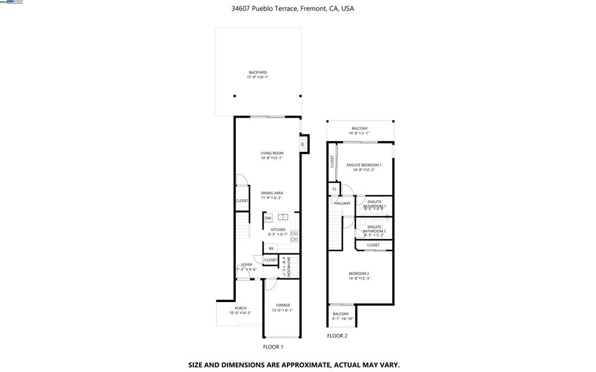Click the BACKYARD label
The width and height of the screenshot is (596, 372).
tap(258, 72)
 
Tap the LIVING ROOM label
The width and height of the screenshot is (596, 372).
tap(272, 153)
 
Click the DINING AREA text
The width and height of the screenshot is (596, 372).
tap(272, 193)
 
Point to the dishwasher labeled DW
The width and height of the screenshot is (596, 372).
tap(268, 218)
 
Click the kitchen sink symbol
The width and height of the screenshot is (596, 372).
tap(283, 217)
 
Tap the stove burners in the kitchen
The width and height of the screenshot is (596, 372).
tap(295, 237)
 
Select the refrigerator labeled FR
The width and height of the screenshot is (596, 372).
tap(271, 248)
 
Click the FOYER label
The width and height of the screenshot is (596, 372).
tap(247, 264)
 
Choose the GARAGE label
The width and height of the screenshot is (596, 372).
tap(283, 305)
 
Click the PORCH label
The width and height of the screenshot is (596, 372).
tap(240, 308)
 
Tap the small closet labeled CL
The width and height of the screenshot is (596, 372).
tap(335, 189)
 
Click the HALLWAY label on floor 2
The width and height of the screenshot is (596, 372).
tap(342, 203)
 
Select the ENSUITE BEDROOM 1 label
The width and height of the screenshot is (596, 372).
tap(364, 165)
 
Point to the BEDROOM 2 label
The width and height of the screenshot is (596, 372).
tap(359, 274)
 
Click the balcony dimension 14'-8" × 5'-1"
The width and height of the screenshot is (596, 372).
tap(359, 133)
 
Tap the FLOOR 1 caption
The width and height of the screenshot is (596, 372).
tap(273, 346)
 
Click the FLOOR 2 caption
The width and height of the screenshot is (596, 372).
tap(337, 336)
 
